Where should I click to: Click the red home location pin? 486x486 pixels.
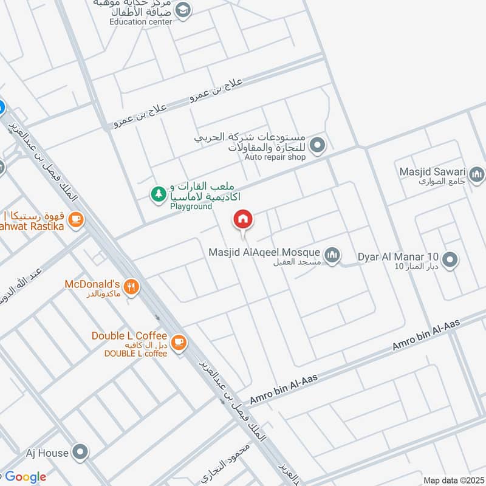[243, 219]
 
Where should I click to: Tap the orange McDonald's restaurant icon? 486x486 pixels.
[130, 286]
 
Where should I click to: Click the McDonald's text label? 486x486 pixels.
[92, 284]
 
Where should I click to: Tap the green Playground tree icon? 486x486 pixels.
[158, 194]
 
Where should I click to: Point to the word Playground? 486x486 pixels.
[191, 207]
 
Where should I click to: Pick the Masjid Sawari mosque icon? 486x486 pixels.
[477, 175]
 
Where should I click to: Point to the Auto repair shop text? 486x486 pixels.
[275, 157]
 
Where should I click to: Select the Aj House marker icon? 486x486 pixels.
[80, 451]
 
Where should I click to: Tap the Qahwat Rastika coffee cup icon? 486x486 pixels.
[75, 219]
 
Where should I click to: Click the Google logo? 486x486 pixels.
[26, 477]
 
